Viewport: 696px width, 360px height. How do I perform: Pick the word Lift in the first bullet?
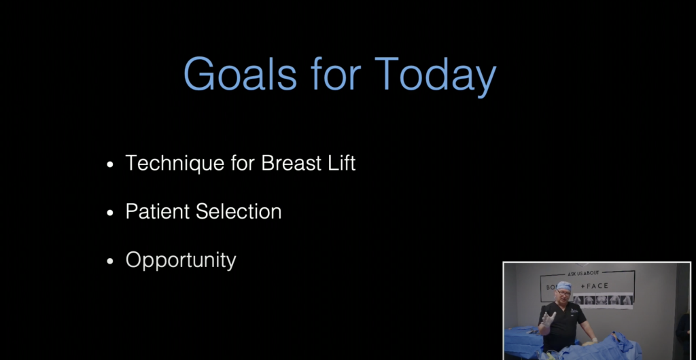[340, 164]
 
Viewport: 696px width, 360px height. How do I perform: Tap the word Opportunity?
[181, 260]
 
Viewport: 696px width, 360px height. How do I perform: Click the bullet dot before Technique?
[111, 165]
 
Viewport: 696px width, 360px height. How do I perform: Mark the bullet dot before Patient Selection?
[111, 213]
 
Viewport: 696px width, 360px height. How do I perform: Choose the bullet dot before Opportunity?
[111, 261]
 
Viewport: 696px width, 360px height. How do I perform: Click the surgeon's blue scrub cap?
[563, 286]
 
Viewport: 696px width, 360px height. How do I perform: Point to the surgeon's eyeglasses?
[563, 293]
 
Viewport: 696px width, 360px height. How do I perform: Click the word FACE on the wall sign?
[595, 285]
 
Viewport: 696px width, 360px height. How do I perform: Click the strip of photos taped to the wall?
[602, 300]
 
